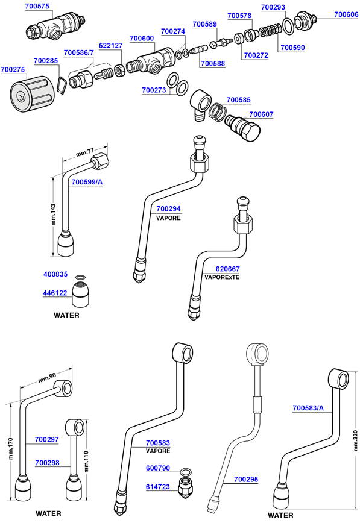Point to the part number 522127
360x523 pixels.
(x=110, y=45)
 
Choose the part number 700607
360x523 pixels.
(x=261, y=114)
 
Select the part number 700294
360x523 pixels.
(x=168, y=209)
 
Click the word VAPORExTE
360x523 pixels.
(x=222, y=278)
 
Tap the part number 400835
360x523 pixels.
(x=55, y=274)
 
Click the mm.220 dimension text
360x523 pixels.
(x=354, y=435)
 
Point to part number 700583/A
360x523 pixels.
(x=308, y=408)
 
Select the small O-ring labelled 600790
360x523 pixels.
(x=186, y=471)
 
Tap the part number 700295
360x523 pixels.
(x=246, y=479)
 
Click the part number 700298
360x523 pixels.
(x=46, y=463)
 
